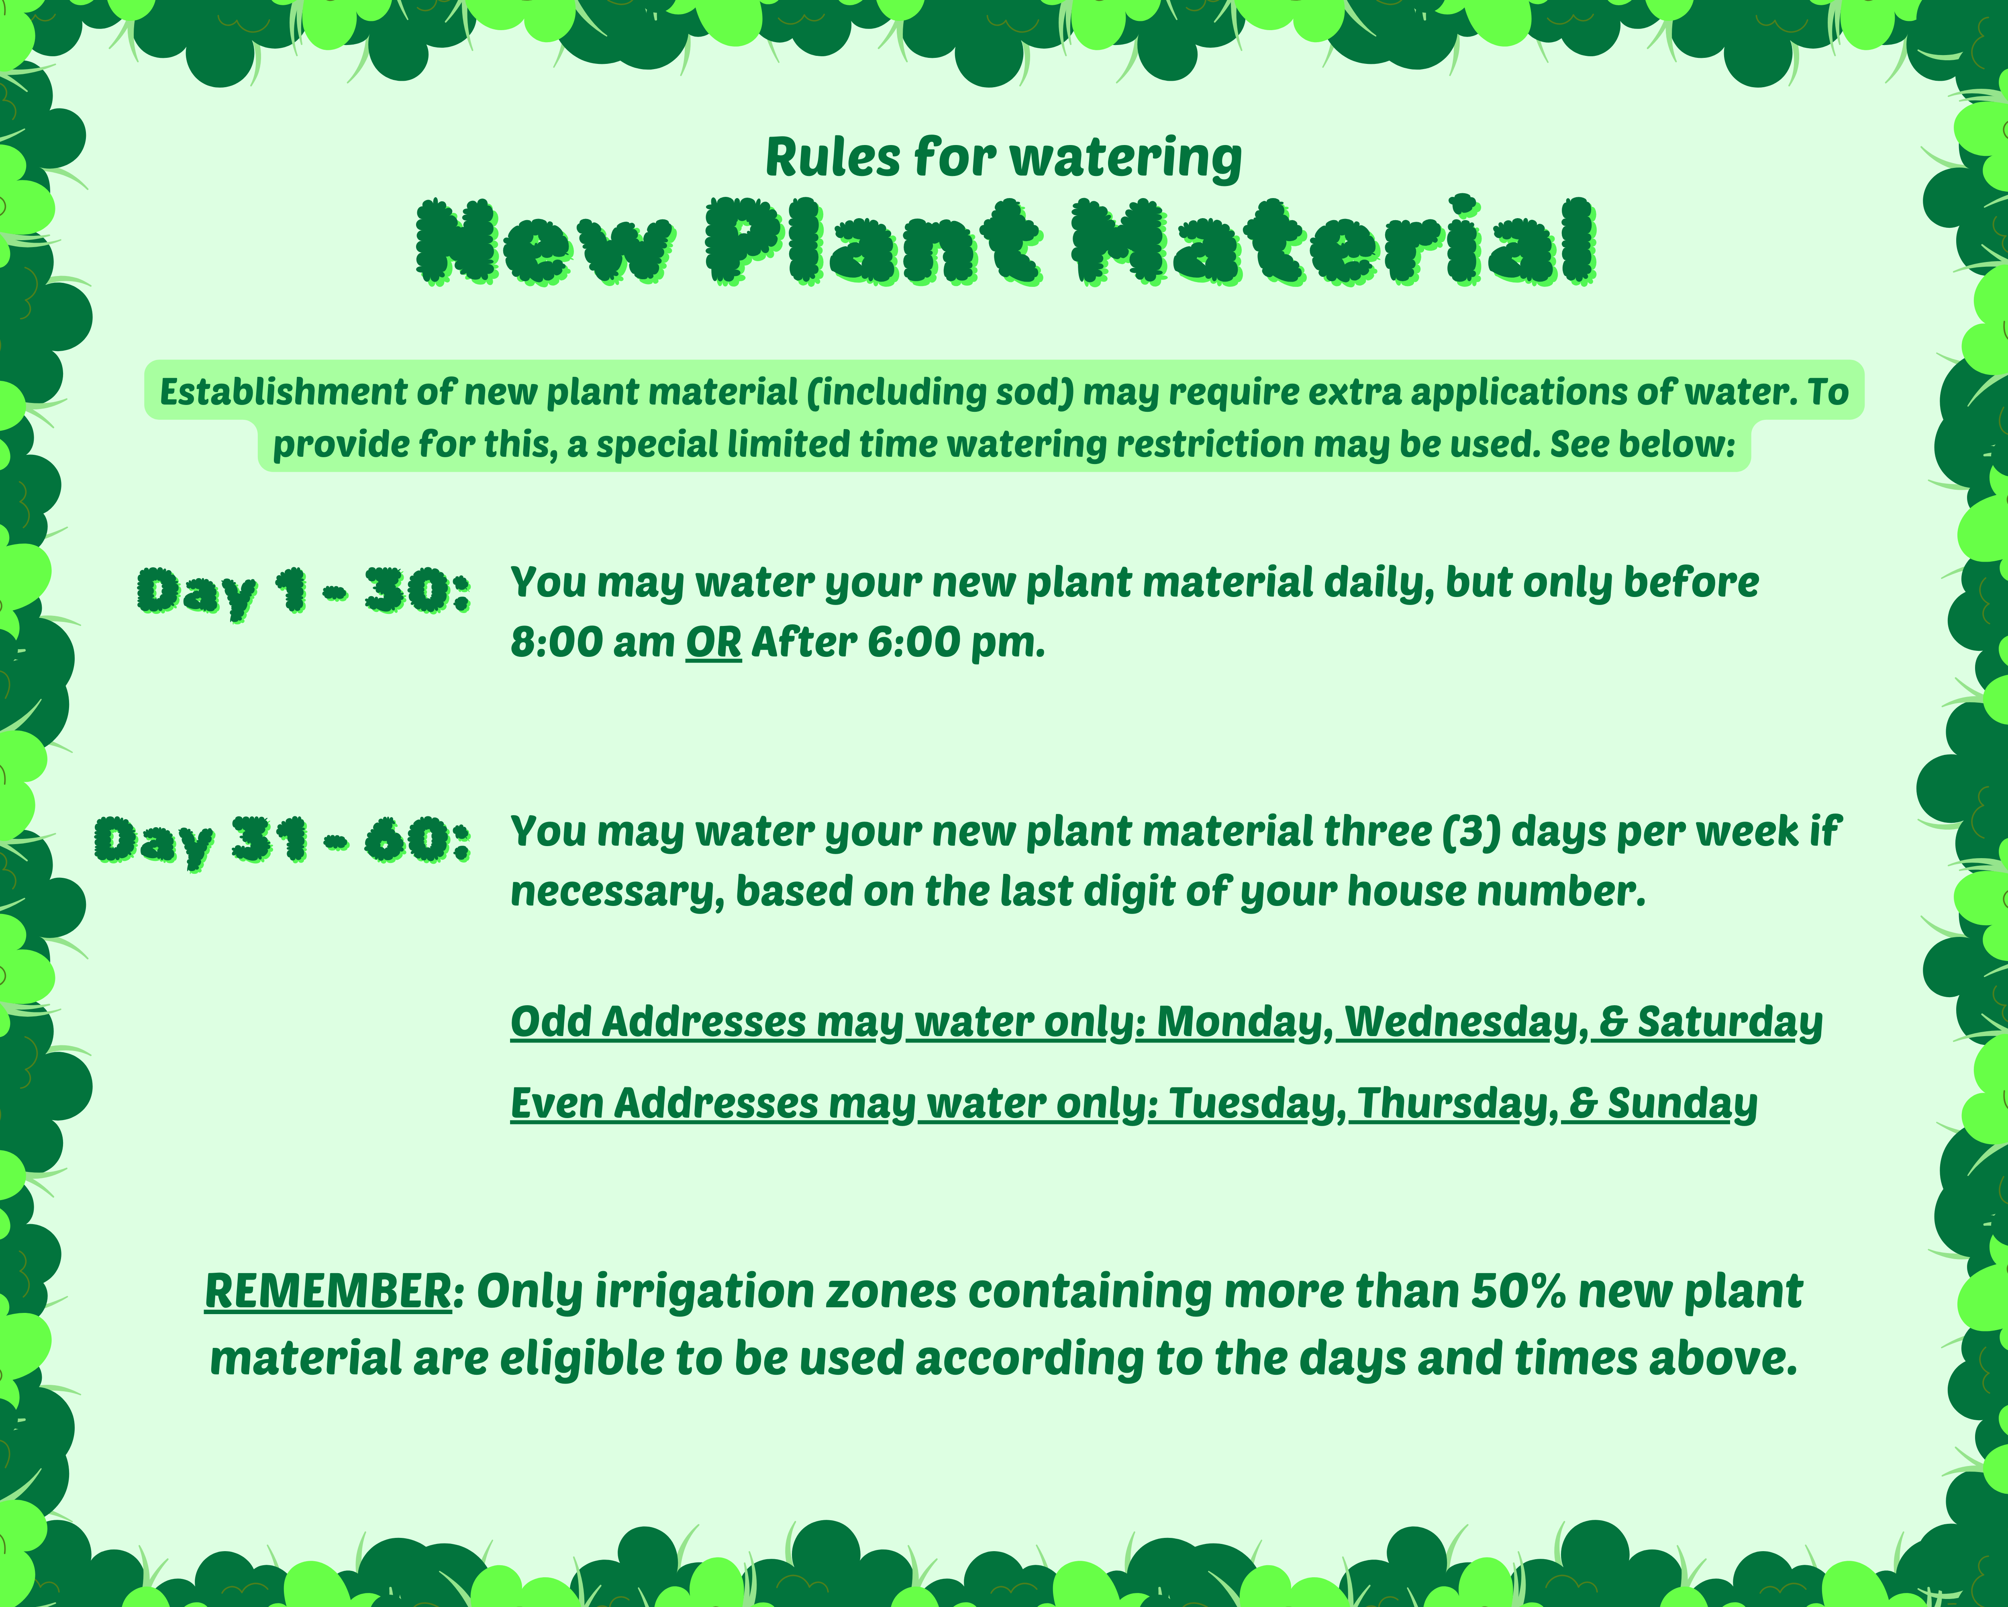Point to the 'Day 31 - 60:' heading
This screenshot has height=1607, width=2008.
[282, 841]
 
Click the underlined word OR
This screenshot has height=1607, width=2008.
[713, 642]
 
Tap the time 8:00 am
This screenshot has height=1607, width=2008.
[592, 642]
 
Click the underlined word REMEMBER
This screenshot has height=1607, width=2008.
[328, 1291]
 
